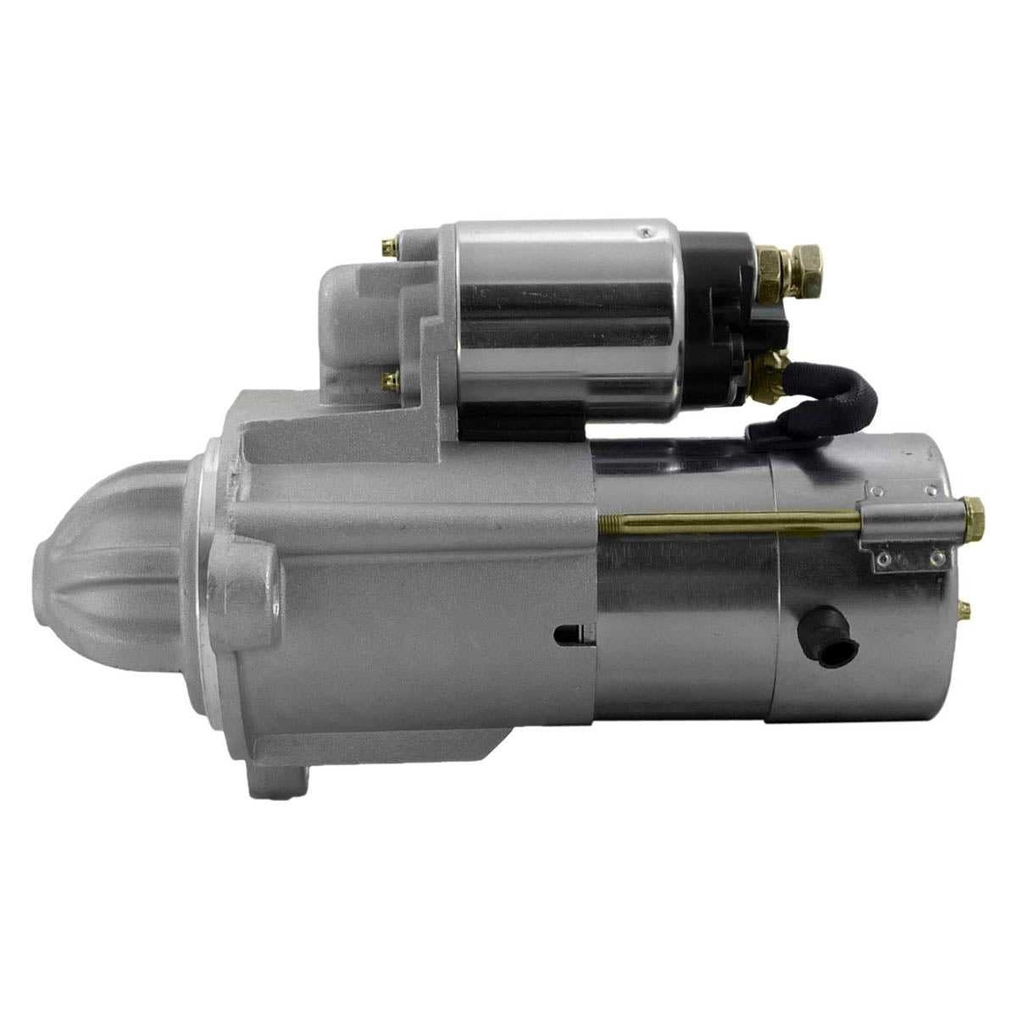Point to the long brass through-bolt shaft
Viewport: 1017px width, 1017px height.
click(729, 520)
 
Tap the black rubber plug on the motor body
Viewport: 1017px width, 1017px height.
click(829, 637)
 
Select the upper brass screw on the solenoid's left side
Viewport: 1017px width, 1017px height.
click(389, 248)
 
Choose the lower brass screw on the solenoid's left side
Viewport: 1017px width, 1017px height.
click(389, 381)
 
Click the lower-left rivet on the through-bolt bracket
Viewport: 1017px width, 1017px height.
click(883, 559)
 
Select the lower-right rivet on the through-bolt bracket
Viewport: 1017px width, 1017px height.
click(937, 559)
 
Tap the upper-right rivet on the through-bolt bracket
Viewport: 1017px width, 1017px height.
click(931, 490)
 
